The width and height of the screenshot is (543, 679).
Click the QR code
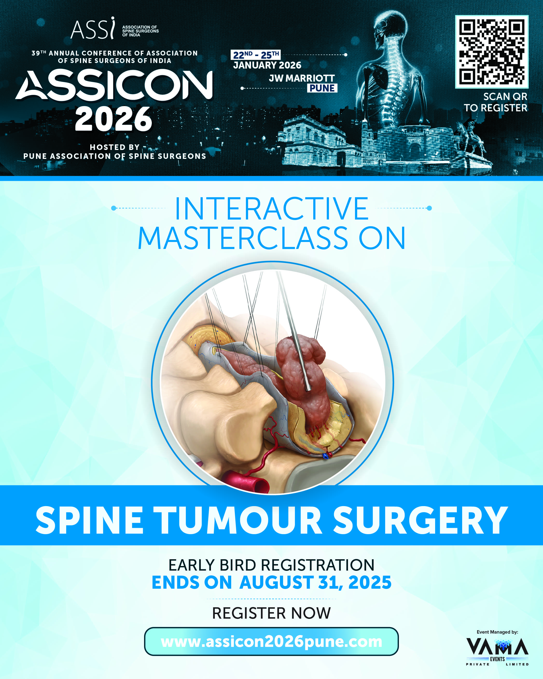pyautogui.click(x=492, y=52)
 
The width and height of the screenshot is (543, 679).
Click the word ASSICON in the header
pyautogui.click(x=114, y=85)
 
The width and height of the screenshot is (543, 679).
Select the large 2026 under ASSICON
pyautogui.click(x=113, y=119)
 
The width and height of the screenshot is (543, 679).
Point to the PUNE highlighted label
pyautogui.click(x=322, y=88)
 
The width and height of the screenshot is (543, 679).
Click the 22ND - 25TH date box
pyautogui.click(x=256, y=55)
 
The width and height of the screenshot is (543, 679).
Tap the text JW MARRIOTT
pyautogui.click(x=302, y=78)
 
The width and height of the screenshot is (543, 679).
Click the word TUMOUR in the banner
pyautogui.click(x=238, y=520)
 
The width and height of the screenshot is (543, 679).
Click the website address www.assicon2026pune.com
pyautogui.click(x=271, y=642)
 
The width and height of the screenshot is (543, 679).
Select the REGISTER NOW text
pyautogui.click(x=271, y=613)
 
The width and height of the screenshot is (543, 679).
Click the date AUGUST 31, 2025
pyautogui.click(x=315, y=582)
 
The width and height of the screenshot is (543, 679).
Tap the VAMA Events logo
pyautogui.click(x=497, y=650)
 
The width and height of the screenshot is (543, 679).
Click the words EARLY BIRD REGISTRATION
pyautogui.click(x=271, y=565)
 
